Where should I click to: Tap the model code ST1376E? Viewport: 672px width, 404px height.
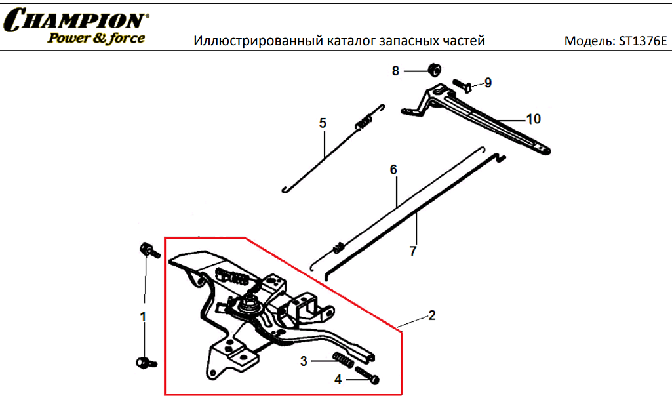coord(643,41)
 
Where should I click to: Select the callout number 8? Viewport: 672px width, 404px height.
coord(395,71)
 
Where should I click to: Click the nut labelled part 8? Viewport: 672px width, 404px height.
coord(435,70)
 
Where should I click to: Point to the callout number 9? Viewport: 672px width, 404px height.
coord(488,83)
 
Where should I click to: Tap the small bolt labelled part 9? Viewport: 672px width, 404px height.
coord(462,84)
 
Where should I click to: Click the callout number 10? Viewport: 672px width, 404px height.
coord(534,119)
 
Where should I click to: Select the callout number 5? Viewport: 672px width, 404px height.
coord(323,123)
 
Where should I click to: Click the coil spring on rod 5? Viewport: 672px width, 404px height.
coord(363,121)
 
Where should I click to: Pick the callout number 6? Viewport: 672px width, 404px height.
coord(393,170)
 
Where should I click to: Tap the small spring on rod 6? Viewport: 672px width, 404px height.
coord(339,248)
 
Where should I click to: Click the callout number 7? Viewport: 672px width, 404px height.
coord(413,251)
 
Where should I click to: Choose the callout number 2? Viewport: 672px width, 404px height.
coord(432,315)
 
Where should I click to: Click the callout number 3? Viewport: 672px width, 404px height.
coord(304,361)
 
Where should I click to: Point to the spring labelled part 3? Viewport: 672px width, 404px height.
coord(343,359)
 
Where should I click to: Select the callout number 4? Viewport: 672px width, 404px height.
coord(338,380)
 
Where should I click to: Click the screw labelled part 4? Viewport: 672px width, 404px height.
coord(367,375)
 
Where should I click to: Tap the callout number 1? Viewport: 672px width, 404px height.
coord(143,317)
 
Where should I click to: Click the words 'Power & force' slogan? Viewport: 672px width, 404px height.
coord(96,38)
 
